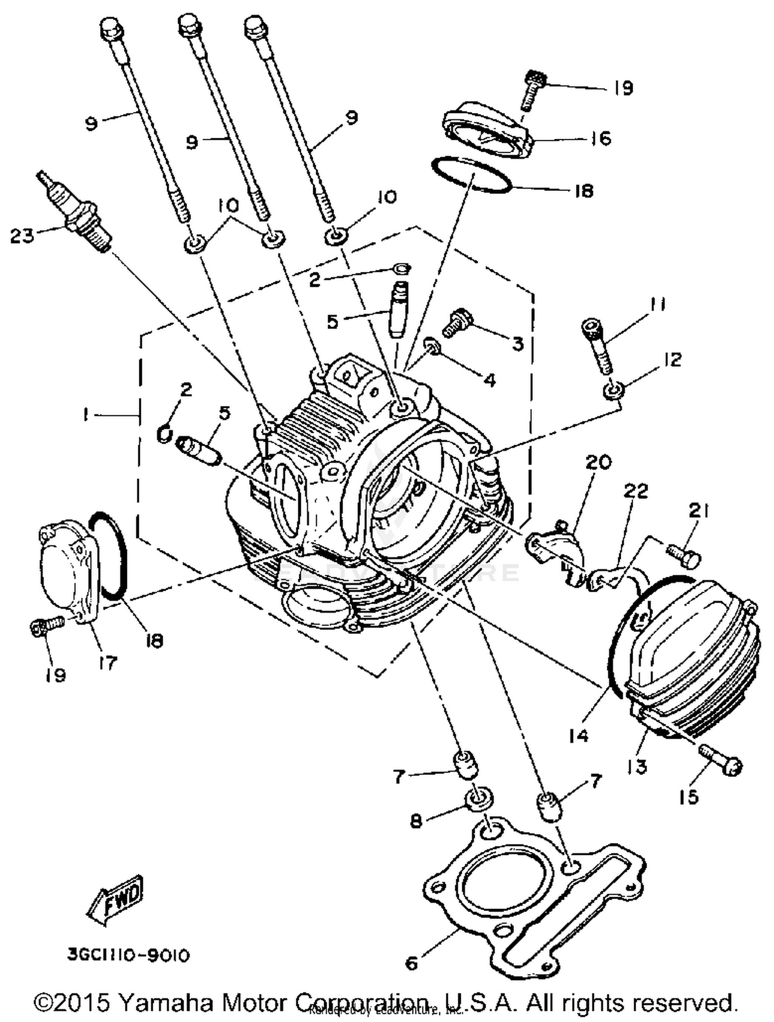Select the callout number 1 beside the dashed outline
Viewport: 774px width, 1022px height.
[86, 414]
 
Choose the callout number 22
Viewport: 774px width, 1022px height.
[636, 491]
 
